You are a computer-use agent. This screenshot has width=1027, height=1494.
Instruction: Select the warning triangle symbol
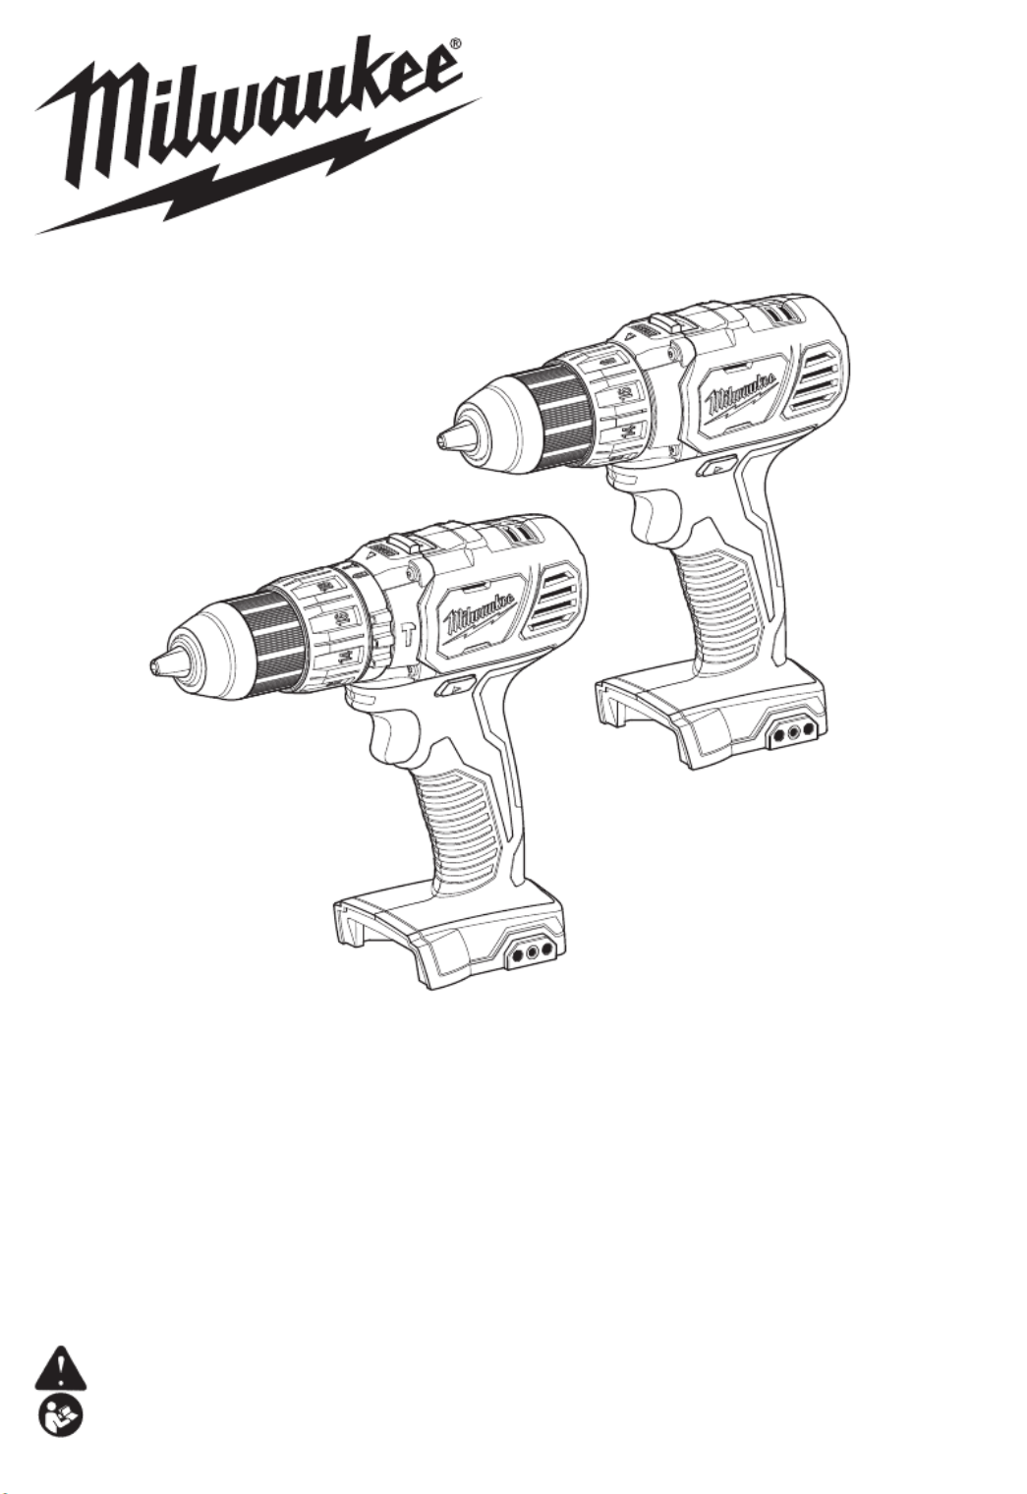tap(60, 1364)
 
